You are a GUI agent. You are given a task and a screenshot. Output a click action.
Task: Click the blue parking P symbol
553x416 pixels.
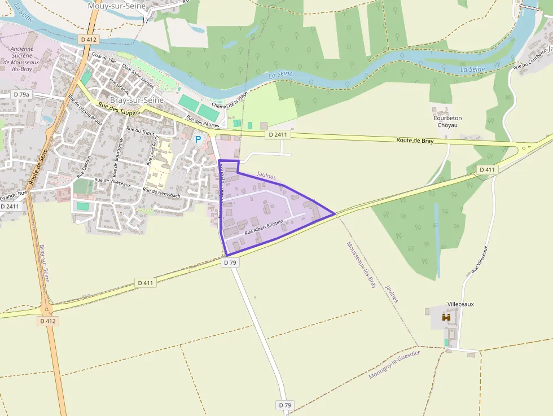point(198,139)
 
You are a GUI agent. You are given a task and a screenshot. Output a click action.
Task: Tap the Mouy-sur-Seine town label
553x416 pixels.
point(117,6)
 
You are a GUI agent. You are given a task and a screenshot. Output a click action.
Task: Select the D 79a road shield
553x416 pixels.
point(21,94)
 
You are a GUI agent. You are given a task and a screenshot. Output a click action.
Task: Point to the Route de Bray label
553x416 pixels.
point(415,141)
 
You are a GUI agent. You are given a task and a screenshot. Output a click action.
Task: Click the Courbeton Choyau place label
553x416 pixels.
point(447,121)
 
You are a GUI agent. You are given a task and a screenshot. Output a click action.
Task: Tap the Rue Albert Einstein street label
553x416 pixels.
point(264,229)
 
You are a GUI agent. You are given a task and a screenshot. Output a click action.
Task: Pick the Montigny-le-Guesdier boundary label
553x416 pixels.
point(394,365)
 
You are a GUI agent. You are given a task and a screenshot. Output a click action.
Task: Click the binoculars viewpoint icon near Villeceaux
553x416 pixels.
point(446,318)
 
